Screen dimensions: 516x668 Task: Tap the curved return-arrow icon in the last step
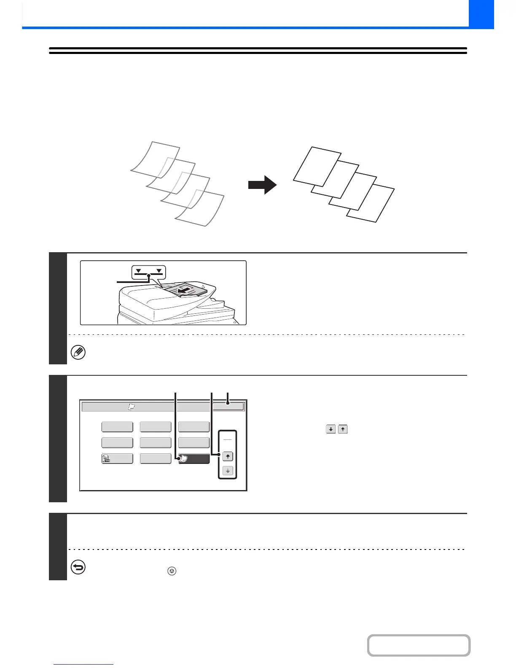(78, 567)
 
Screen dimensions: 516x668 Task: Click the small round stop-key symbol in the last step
(172, 571)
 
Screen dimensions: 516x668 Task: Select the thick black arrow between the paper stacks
(262, 185)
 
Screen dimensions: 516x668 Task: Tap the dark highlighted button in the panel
(194, 459)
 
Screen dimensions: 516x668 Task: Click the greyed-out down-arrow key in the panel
(228, 471)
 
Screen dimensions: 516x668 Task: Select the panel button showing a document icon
(117, 459)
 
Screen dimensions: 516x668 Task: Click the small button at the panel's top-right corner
(228, 407)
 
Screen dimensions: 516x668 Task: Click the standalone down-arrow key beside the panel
(331, 430)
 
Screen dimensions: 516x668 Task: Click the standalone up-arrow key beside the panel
(343, 430)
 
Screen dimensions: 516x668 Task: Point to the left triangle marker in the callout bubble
(139, 271)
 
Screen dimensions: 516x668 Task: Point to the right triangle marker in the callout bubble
(159, 271)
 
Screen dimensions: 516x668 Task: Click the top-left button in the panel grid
(117, 427)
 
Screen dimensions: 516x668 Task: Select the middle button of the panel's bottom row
(156, 459)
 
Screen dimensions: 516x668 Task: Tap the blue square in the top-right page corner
(481, 14)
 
